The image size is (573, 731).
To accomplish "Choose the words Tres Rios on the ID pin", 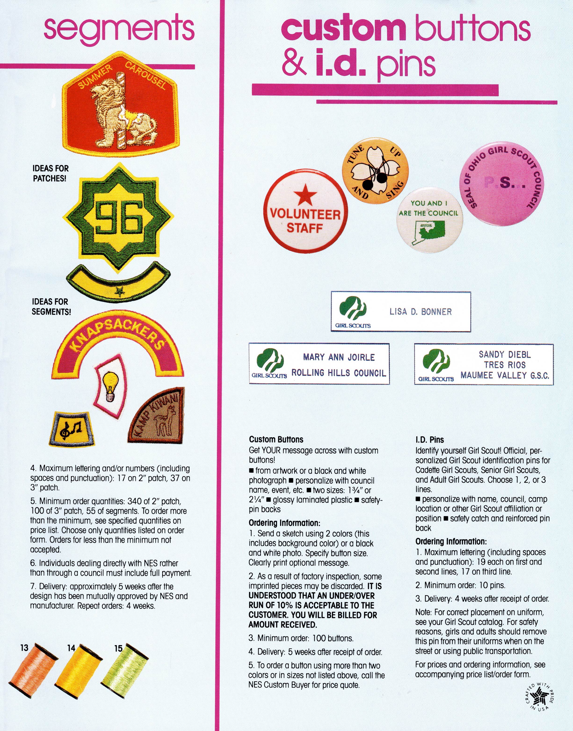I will (504, 365).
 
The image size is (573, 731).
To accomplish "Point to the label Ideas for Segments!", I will (51, 307).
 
